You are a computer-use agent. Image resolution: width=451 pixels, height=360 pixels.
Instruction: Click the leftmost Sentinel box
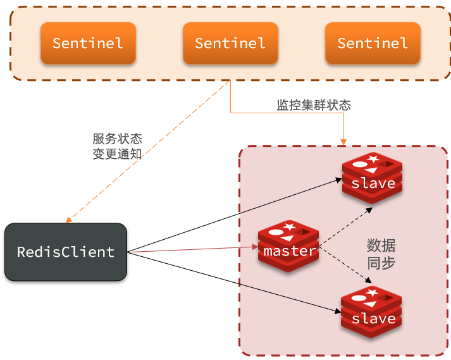(x=88, y=43)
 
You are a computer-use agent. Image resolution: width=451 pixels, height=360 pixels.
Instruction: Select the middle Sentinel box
(x=230, y=43)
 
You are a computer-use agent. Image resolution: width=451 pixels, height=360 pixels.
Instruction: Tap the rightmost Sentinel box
(x=373, y=43)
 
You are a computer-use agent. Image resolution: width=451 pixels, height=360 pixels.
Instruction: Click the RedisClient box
(x=66, y=252)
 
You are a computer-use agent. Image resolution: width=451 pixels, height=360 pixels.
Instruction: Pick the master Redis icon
(x=288, y=246)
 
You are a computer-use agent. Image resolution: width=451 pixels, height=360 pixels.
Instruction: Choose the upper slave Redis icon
(x=372, y=178)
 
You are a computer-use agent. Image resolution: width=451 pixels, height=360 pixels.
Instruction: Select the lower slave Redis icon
(x=371, y=312)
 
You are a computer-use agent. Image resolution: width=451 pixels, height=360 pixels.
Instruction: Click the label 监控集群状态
(x=314, y=105)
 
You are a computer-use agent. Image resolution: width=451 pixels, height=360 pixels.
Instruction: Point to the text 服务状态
(x=118, y=139)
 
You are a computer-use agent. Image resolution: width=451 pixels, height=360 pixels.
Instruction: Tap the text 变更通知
(x=118, y=154)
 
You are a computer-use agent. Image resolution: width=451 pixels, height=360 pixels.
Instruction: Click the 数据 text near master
(x=381, y=245)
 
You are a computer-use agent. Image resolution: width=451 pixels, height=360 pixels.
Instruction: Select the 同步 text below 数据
(x=381, y=263)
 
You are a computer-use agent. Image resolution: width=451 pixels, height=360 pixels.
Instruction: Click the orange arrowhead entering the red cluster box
(x=343, y=142)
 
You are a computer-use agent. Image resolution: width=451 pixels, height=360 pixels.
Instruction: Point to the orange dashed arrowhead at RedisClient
(x=68, y=220)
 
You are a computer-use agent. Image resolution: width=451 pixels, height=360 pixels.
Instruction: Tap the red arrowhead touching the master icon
(x=255, y=247)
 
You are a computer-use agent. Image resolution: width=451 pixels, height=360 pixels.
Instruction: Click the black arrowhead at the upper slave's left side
(x=339, y=180)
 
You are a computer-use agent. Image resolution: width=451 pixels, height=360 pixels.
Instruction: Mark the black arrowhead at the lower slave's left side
(x=338, y=311)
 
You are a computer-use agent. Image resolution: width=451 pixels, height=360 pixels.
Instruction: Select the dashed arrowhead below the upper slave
(x=369, y=210)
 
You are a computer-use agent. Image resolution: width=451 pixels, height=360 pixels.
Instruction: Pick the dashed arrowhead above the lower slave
(x=369, y=280)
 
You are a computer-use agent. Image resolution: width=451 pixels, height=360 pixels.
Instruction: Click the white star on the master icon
(x=289, y=227)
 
